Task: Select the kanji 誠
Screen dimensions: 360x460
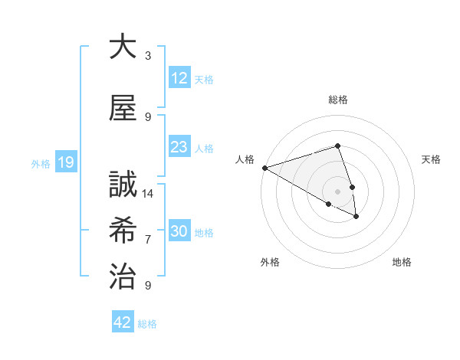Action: click(123, 185)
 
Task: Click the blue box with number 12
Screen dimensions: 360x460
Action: click(179, 78)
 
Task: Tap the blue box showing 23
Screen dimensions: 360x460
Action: click(179, 147)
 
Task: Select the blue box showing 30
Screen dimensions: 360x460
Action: click(179, 231)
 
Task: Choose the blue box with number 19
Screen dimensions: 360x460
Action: click(65, 162)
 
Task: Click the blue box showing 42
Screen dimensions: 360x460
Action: click(122, 322)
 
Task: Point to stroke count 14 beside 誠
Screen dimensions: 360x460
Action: click(149, 193)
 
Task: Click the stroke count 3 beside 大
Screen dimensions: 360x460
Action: click(148, 55)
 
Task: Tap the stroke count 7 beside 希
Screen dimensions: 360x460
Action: click(148, 239)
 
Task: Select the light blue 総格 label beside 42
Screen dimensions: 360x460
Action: click(147, 324)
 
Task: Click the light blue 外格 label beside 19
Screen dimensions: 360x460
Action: click(41, 163)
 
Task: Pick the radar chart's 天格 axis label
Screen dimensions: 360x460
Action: click(431, 159)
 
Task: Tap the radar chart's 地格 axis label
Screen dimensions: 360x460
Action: click(402, 262)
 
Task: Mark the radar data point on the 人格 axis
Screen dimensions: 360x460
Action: click(264, 168)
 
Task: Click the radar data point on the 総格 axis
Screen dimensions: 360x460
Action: click(337, 146)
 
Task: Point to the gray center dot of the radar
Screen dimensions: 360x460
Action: click(337, 191)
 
